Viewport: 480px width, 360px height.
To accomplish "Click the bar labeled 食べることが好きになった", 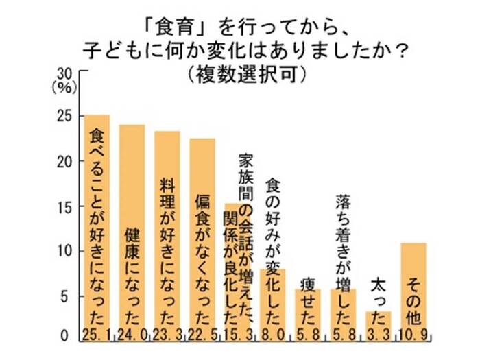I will point(97,219).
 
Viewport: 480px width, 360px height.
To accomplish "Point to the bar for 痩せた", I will point(307,309).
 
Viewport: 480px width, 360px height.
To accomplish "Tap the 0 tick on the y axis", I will point(67,337).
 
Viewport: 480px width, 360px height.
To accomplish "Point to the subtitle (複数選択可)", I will point(240,73).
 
